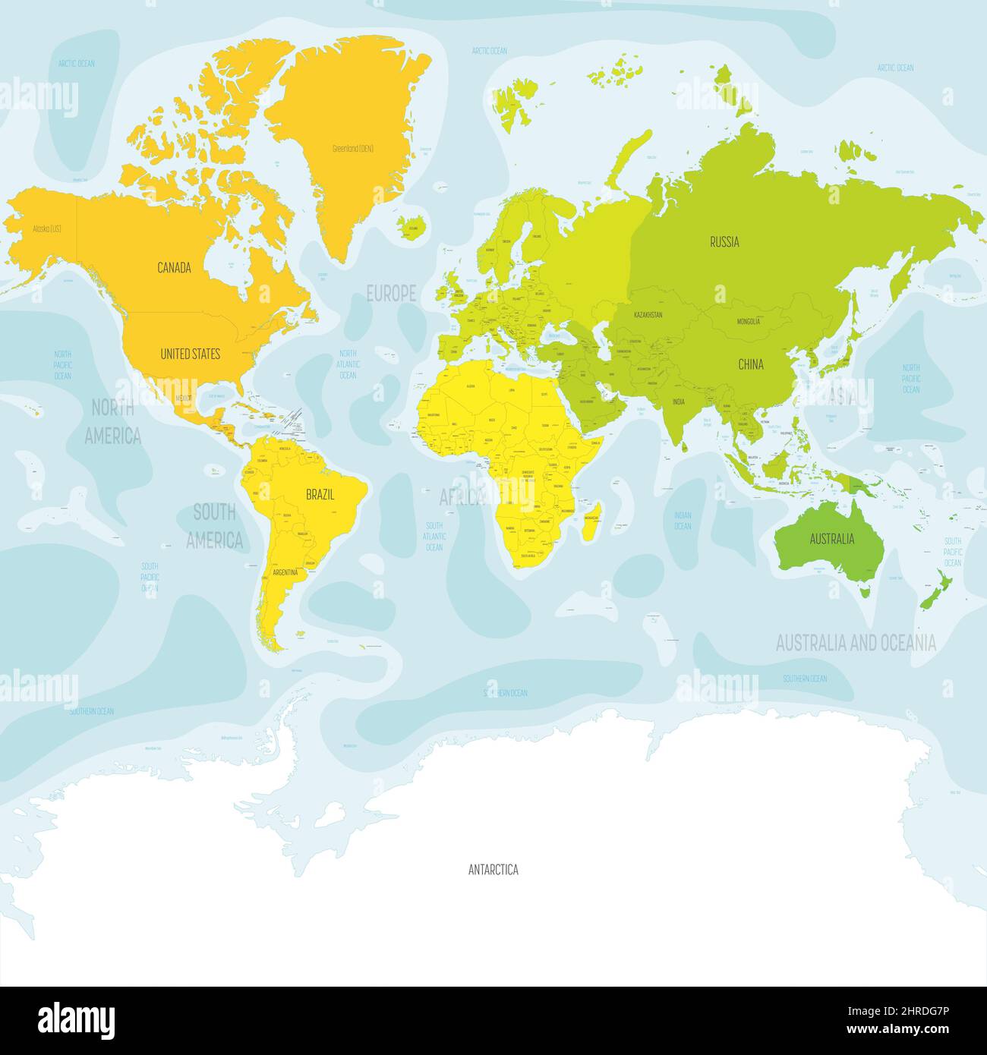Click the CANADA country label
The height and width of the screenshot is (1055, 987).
tap(174, 267)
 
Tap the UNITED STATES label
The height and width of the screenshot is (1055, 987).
tap(190, 354)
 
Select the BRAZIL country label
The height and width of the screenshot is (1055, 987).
tap(320, 494)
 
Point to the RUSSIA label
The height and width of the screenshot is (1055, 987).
tap(724, 242)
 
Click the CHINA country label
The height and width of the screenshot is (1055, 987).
tap(750, 364)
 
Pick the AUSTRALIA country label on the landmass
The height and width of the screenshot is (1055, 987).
tap(831, 539)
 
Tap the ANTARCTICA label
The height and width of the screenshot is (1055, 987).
tap(493, 870)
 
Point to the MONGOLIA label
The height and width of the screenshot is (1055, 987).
tap(748, 322)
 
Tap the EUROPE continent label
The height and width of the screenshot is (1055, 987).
tap(391, 293)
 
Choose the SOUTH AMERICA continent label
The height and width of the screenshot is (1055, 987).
tap(215, 526)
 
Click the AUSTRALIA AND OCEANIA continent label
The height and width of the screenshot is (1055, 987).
tap(856, 644)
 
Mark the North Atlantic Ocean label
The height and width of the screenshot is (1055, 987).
tap(347, 364)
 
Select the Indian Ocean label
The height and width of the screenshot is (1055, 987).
tap(683, 520)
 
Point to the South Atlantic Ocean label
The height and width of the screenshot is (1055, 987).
tap(434, 536)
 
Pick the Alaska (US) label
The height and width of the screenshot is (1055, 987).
tap(46, 228)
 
